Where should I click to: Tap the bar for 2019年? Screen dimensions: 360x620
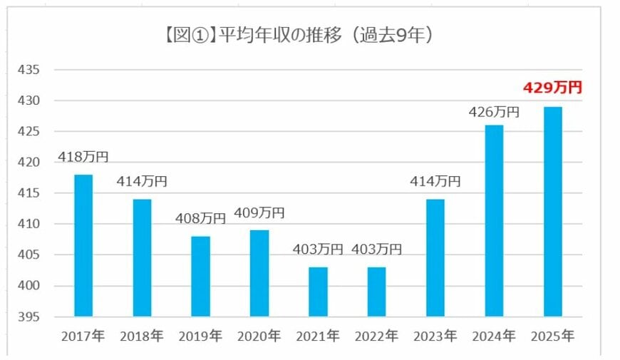(x=200, y=276)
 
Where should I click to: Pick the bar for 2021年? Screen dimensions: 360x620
(x=318, y=292)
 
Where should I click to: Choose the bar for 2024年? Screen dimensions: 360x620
(x=494, y=220)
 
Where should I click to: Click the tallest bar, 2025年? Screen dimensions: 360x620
(x=552, y=211)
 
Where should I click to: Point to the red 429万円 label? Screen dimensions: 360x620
(x=552, y=88)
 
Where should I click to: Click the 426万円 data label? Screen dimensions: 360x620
(x=494, y=112)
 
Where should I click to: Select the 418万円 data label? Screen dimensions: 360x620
(x=83, y=157)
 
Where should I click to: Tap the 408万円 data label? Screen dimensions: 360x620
(x=200, y=218)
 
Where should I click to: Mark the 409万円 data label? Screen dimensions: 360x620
(x=259, y=212)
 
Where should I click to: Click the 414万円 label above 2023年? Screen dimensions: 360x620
(x=435, y=181)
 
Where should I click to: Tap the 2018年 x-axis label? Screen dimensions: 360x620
(x=142, y=336)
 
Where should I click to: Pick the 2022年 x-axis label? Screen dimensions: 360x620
(x=376, y=336)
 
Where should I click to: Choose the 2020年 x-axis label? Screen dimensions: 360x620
(x=259, y=336)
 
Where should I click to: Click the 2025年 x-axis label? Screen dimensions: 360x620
(x=552, y=336)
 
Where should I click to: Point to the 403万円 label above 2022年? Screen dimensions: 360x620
(x=376, y=250)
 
